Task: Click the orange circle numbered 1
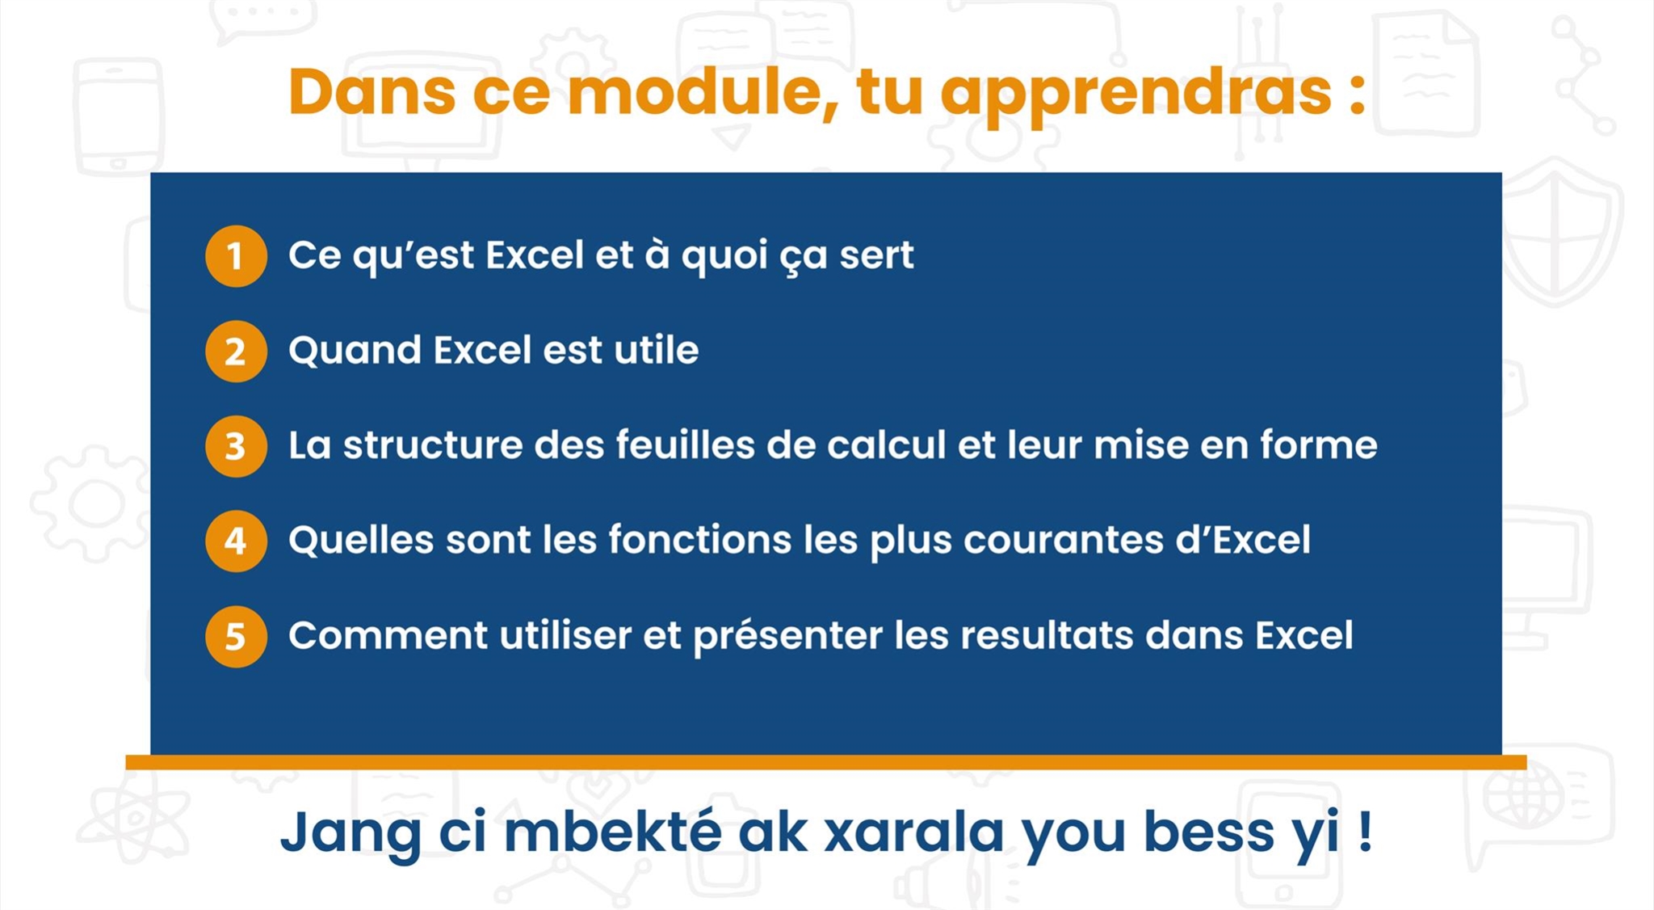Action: click(x=236, y=256)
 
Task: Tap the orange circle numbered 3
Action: click(x=236, y=446)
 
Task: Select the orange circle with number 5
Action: click(x=236, y=637)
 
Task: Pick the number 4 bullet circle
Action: click(x=236, y=541)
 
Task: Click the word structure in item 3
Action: click(x=434, y=445)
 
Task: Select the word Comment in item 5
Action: click(x=388, y=635)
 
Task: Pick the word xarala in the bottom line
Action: click(x=913, y=832)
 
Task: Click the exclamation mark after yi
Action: click(x=1365, y=831)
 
